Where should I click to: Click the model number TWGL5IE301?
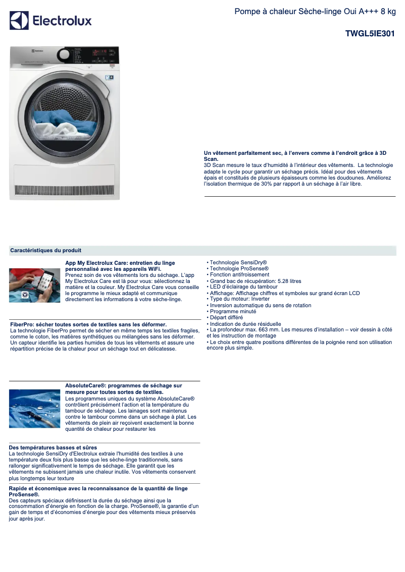370,34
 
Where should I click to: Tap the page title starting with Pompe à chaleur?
315,12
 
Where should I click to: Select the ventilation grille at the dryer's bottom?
64,191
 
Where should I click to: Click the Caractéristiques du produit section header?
45,250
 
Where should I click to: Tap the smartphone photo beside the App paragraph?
34,285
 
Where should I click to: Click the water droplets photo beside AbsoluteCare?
34,408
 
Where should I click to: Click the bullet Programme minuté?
233,311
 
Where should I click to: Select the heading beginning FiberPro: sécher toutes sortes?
88,324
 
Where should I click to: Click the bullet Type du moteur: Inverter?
239,299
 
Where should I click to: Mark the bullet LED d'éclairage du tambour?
243,287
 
